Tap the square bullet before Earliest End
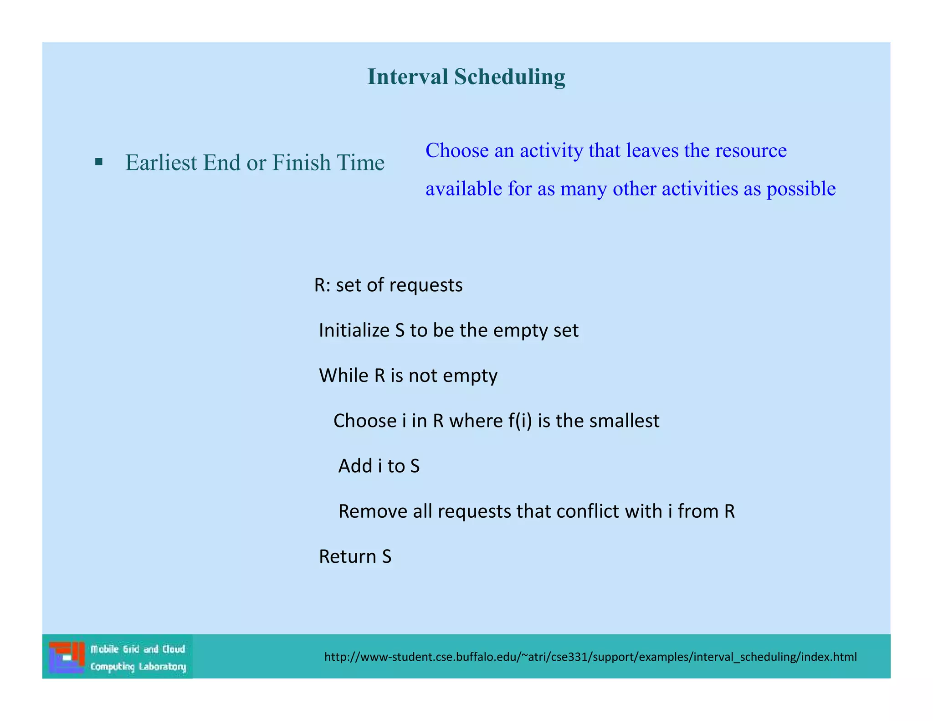99,162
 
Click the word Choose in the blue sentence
457,150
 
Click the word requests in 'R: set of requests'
426,285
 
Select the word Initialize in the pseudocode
354,330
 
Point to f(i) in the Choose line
520,421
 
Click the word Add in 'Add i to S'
355,466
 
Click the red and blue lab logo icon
67,657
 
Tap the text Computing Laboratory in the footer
138,667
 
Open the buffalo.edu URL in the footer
590,657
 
